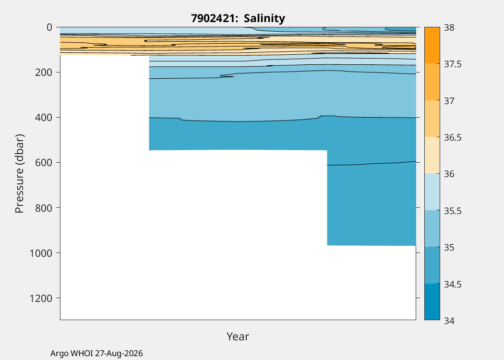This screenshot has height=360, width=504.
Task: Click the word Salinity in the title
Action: [264, 19]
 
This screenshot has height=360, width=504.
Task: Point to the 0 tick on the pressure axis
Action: [49, 27]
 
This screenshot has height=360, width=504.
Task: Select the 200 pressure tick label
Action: [43, 72]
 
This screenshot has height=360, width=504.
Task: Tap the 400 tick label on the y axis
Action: [43, 118]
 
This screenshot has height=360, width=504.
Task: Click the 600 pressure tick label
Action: [43, 163]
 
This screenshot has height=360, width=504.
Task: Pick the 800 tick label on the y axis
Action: [43, 208]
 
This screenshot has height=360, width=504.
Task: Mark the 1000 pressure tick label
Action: [40, 253]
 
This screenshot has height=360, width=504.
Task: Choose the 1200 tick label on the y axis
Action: [40, 298]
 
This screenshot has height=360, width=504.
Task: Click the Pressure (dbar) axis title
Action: [20, 174]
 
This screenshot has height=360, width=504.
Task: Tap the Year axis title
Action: [238, 336]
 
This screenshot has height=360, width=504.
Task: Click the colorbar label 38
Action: [449, 28]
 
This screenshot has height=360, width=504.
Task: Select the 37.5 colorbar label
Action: [453, 64]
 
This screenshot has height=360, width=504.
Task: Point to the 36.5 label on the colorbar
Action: [453, 138]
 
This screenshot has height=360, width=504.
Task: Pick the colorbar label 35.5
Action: [453, 211]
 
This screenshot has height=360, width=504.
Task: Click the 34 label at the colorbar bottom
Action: [449, 321]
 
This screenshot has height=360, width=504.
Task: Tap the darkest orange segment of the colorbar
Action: [432, 45]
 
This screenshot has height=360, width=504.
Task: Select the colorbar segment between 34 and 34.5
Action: [432, 301]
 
